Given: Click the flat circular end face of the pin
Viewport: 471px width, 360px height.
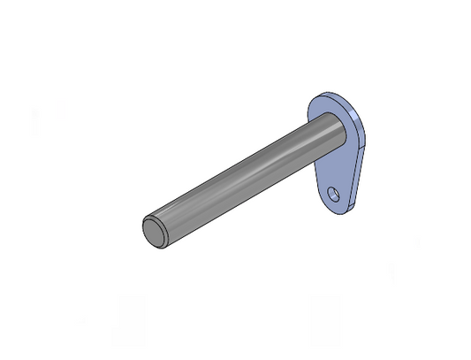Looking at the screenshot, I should pos(153,232).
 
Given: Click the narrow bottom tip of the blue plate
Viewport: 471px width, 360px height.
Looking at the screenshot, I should pos(334,213).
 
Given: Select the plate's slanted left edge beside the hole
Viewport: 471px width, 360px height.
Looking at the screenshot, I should pos(320,190).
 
